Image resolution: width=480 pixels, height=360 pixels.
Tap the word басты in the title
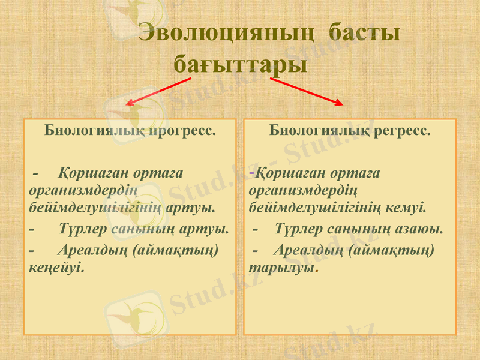point(365,33)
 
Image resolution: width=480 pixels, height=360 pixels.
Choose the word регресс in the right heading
point(402,130)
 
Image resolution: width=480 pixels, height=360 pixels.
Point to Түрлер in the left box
point(83,229)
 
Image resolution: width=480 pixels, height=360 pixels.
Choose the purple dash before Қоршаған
point(252,173)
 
